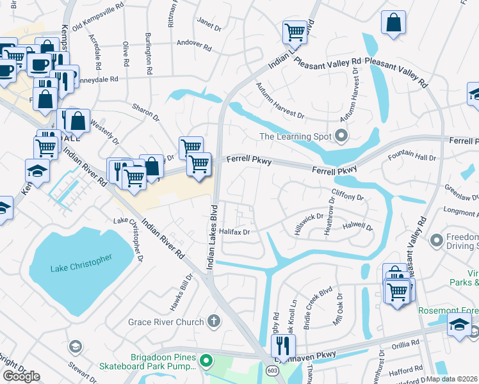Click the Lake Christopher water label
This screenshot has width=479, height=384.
tap(81, 262)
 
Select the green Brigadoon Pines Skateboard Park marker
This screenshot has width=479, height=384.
tap(206, 362)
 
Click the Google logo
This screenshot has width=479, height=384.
tap(21, 376)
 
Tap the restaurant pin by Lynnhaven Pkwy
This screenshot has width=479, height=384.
tap(281, 346)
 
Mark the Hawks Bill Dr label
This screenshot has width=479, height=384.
tap(182, 293)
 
